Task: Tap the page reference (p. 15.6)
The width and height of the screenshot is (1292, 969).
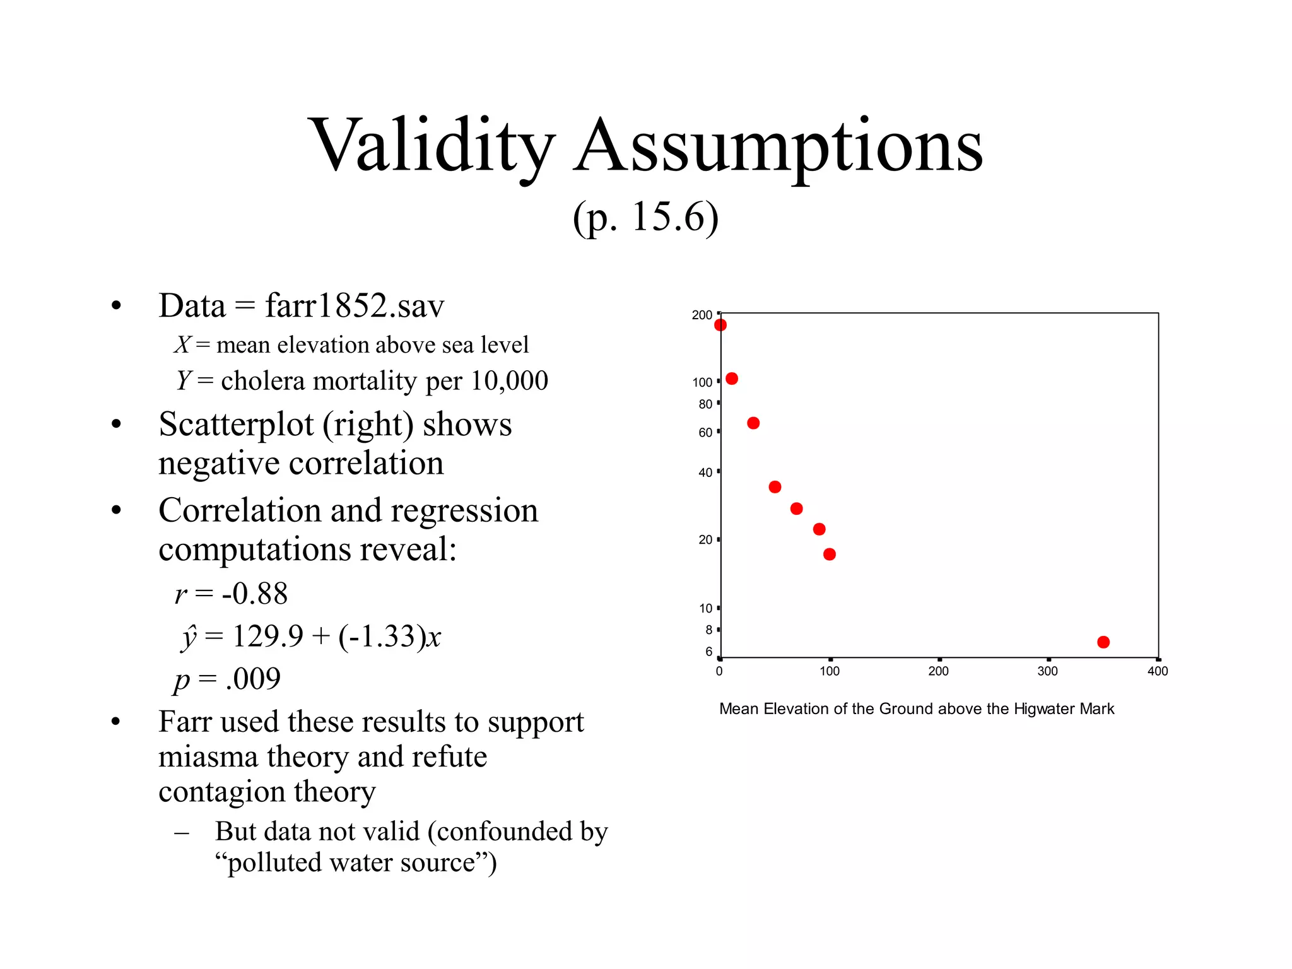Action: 645,218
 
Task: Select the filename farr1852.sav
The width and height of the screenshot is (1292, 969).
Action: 355,306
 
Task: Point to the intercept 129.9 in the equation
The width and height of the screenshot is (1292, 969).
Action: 268,636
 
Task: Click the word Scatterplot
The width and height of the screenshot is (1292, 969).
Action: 236,424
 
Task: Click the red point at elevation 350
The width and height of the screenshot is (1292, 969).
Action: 1103,642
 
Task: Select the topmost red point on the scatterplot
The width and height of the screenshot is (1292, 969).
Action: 720,325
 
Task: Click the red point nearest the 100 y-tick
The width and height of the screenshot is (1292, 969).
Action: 732,379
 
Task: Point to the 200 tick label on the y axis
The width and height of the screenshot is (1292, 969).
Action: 702,315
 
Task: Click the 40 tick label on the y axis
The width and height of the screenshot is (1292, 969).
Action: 705,473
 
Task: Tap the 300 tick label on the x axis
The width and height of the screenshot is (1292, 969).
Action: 1047,671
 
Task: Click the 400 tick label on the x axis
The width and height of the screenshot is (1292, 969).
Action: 1157,671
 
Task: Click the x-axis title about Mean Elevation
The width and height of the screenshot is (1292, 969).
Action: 916,709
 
